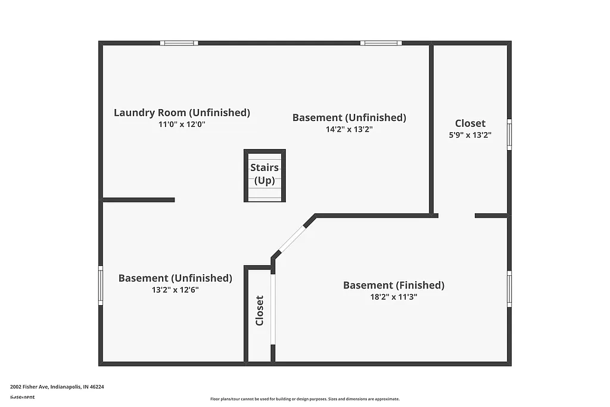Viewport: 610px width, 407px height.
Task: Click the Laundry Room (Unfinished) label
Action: tap(182, 113)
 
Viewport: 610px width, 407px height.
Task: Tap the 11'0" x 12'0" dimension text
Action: tap(182, 125)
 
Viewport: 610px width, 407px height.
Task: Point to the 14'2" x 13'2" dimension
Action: tap(349, 129)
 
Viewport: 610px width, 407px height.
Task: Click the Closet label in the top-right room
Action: tap(470, 123)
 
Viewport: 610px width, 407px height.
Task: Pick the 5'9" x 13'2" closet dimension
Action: tap(470, 135)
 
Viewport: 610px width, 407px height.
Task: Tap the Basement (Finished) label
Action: tap(393, 285)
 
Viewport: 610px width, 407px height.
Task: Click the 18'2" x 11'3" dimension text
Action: tap(393, 297)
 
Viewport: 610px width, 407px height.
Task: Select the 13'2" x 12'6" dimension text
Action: tap(175, 290)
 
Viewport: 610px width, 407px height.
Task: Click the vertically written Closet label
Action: tap(259, 310)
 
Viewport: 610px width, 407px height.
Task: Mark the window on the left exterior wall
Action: tap(101, 285)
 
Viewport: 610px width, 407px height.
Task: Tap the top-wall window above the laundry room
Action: tap(179, 43)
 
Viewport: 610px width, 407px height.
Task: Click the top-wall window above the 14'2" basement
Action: tap(381, 43)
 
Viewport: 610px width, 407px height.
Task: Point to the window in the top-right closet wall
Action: tap(509, 134)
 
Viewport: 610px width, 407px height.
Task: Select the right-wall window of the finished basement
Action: tap(509, 289)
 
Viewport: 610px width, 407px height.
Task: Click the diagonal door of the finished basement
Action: tap(292, 239)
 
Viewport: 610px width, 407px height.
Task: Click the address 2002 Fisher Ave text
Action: tap(57, 387)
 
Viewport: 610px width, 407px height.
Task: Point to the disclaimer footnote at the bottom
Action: tap(304, 399)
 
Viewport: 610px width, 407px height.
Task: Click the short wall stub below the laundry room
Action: tap(139, 200)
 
